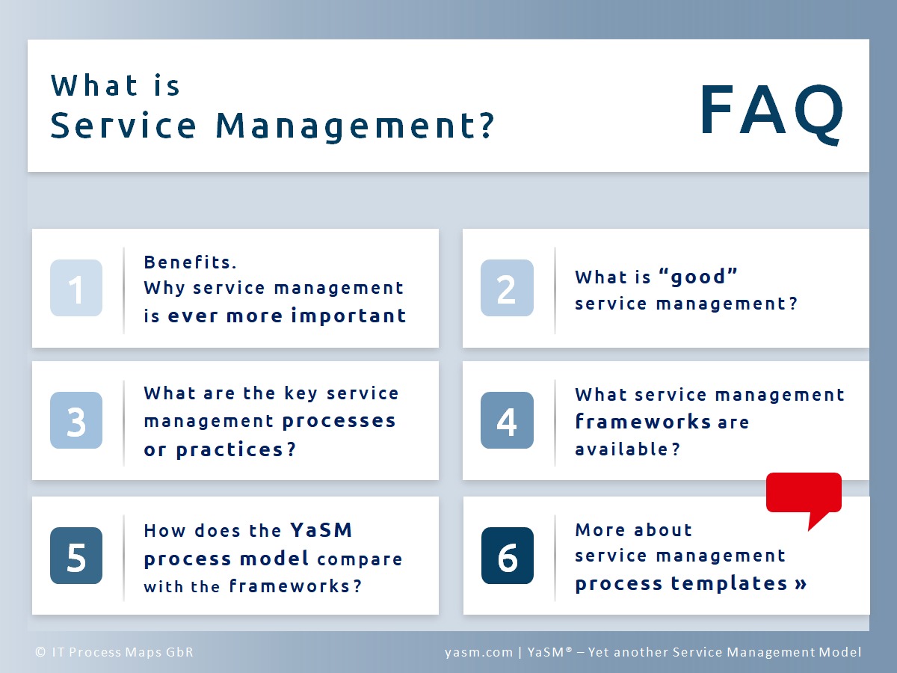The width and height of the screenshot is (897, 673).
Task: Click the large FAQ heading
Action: point(771,113)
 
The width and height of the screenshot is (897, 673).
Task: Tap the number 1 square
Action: point(76,288)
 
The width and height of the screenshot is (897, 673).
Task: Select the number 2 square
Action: point(507,288)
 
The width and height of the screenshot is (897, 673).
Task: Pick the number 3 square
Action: point(76,420)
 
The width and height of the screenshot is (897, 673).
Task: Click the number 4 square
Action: point(507,420)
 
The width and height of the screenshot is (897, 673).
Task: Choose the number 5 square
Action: point(76,556)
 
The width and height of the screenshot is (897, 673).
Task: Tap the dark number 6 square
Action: point(507,556)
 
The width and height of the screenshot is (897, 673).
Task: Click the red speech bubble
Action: point(804,500)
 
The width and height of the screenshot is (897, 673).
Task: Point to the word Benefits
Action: point(190,262)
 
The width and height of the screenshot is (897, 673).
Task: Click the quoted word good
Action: point(698,276)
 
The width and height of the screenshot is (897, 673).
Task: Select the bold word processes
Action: point(339,421)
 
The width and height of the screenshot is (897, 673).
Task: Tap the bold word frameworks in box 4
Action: point(643,421)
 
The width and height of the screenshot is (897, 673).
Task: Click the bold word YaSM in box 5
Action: point(321,530)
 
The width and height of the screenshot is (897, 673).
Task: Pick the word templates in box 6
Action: point(730,583)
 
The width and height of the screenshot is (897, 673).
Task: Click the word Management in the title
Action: point(354,126)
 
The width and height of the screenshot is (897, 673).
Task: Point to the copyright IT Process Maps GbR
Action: point(114,652)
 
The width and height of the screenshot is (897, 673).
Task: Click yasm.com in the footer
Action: point(478,652)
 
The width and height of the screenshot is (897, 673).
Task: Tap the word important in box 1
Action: point(348,316)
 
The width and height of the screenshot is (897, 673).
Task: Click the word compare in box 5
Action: point(360,559)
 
